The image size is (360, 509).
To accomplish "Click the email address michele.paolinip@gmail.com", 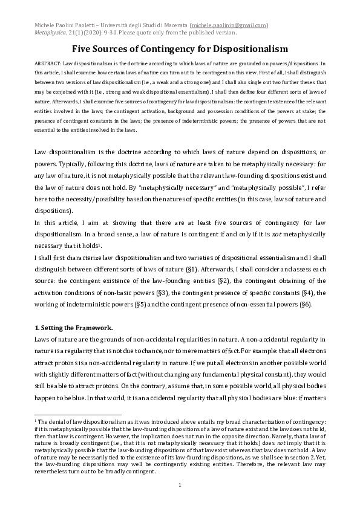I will click(x=229, y=25).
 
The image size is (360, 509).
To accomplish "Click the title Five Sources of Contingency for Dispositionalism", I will click(x=180, y=49).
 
